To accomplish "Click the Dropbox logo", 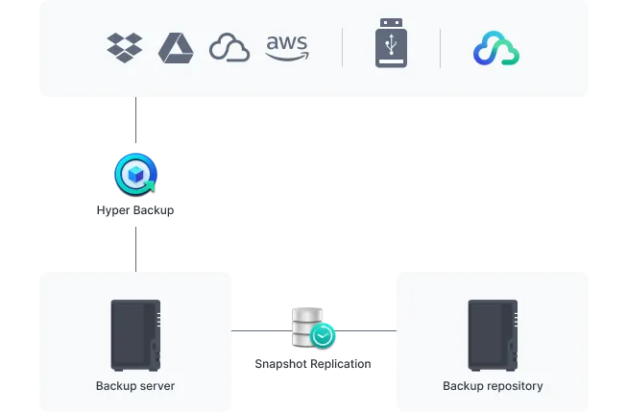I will coord(125,47).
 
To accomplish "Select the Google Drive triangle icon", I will coord(176,47).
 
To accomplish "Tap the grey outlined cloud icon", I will coord(229,48).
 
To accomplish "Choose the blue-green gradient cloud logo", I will coord(496,48).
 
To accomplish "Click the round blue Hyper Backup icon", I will coord(134,174).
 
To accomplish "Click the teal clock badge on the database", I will coord(324,335).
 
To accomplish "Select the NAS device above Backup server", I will coord(135,335).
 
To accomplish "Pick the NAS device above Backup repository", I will coord(492,335).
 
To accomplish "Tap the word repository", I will coord(513,386).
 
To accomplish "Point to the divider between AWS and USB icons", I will coord(343,48).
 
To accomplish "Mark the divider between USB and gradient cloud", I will coord(441,48).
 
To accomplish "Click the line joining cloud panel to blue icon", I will coord(134,125).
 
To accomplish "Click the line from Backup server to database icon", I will coord(261,334).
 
